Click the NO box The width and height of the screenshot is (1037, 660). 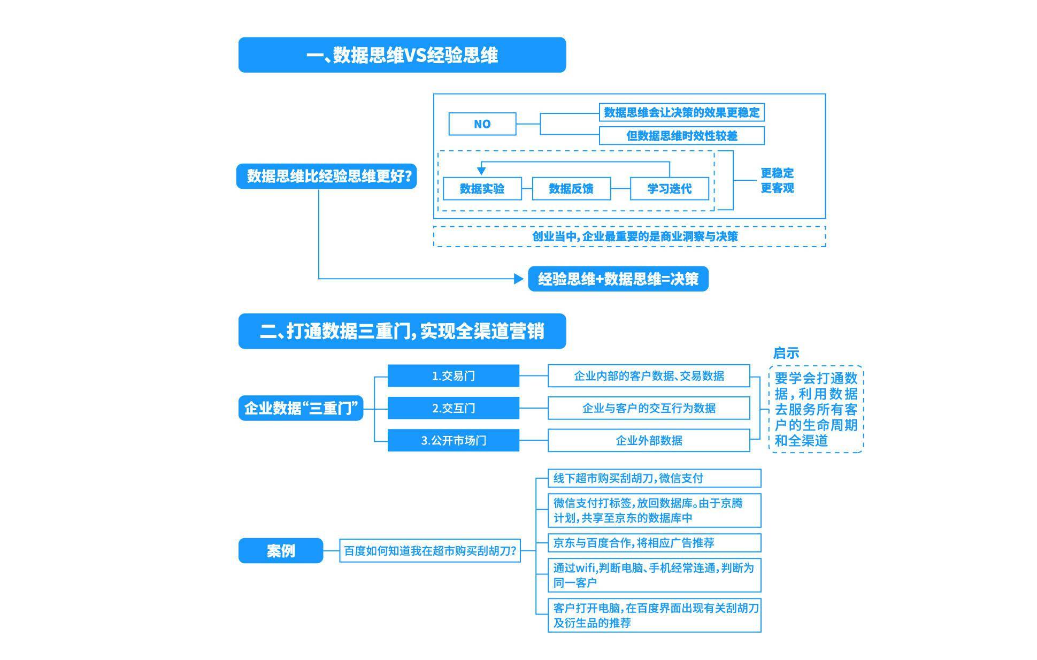482,124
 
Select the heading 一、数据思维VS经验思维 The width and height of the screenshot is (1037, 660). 402,55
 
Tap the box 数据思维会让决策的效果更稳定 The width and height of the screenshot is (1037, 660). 681,112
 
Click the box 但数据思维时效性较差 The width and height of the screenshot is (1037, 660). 681,136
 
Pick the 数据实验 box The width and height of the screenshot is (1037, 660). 482,189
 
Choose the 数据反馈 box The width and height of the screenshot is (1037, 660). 571,189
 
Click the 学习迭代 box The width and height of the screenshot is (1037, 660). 669,189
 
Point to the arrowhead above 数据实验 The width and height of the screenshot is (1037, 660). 481,171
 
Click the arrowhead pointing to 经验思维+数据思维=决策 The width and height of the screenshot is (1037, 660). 518,279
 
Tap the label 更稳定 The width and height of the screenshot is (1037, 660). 777,173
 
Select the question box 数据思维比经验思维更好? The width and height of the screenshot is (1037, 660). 326,176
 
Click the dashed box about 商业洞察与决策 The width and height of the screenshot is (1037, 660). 629,236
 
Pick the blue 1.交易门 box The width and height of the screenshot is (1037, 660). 453,376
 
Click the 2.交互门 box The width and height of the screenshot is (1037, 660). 453,408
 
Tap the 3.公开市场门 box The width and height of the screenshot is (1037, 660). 453,441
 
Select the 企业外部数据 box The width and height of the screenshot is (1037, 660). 649,441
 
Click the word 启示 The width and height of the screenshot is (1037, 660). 786,353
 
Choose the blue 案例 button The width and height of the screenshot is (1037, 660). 280,550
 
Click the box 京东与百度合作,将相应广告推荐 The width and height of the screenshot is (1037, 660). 654,543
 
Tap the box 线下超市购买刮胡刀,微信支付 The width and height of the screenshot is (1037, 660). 654,478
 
